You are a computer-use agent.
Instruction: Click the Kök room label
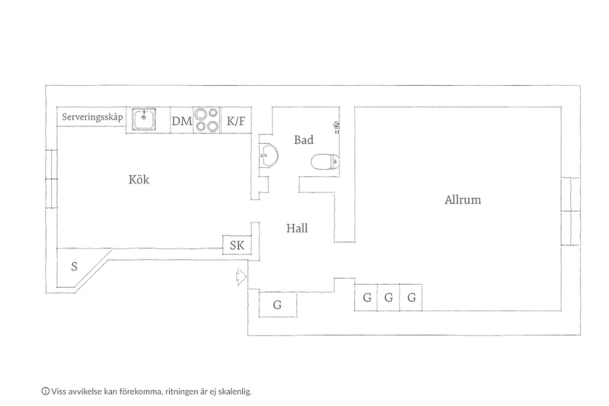coord(139,180)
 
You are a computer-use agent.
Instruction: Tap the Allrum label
coord(462,200)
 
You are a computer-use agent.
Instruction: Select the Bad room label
coord(304,140)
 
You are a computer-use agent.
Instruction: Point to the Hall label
coord(297,228)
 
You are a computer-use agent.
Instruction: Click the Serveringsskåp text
coord(92,117)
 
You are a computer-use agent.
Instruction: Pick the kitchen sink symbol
coord(144,119)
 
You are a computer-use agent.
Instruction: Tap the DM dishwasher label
coord(182,121)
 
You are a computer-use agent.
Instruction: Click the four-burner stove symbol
coord(207,120)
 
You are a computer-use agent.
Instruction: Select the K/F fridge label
coord(236,121)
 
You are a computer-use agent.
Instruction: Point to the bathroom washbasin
coord(269,155)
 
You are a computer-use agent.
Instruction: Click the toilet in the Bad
coord(325,162)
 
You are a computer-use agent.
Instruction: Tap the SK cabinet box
coord(237,245)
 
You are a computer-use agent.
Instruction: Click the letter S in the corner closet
coord(74,266)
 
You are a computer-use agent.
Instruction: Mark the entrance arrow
coord(241,276)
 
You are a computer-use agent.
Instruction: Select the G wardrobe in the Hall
coord(278,304)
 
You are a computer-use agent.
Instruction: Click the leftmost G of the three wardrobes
coord(367,297)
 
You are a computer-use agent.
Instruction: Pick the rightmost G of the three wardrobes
coord(411,297)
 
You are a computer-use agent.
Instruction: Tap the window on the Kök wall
coord(51,179)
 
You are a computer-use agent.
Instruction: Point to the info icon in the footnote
coord(46,391)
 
